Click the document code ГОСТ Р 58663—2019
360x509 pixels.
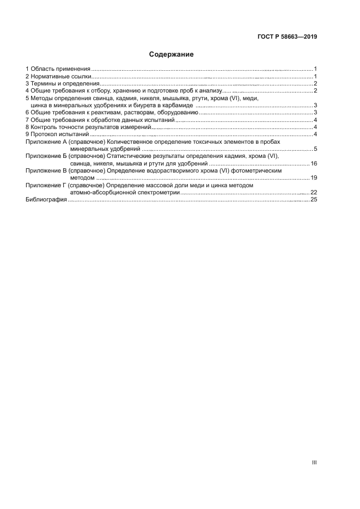click(x=287, y=38)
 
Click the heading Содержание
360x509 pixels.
click(x=171, y=54)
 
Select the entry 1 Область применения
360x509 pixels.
click(x=58, y=69)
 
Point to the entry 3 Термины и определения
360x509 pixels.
click(x=62, y=84)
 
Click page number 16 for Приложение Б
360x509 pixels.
click(x=314, y=163)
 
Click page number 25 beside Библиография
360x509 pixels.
click(x=314, y=200)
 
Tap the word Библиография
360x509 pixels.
click(x=46, y=200)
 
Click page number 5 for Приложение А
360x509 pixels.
click(x=315, y=149)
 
